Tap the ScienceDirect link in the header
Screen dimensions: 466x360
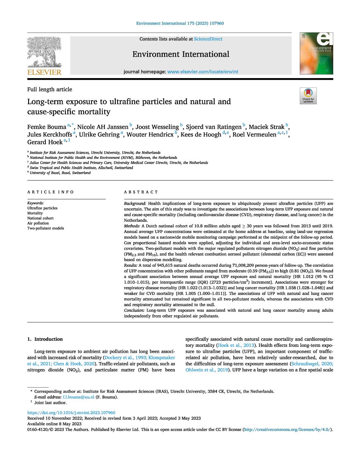tap(208, 39)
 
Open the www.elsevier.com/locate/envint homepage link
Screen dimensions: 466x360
tap(202, 71)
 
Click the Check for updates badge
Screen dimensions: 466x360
tap(308, 96)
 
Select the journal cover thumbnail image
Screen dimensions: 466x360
tap(316, 54)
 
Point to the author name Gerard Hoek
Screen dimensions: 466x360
tap(45, 142)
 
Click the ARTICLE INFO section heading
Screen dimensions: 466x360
tap(51, 192)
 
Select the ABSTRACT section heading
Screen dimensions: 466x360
tap(141, 192)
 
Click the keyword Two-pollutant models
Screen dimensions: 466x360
tap(45, 228)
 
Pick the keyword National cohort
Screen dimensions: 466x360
tap(40, 218)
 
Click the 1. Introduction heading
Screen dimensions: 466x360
tap(45, 339)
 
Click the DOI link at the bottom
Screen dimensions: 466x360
tap(71, 413)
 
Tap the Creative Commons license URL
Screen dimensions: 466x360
tap(287, 430)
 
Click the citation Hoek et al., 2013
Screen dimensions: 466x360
tap(235, 345)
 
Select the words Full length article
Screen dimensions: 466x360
tap(50, 89)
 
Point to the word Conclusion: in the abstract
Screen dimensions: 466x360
tap(134, 310)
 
